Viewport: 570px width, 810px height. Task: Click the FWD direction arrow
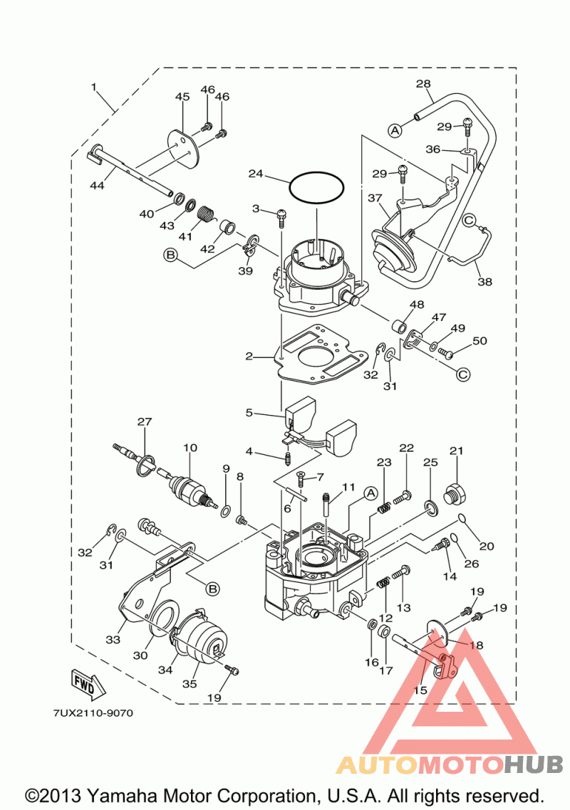pyautogui.click(x=88, y=681)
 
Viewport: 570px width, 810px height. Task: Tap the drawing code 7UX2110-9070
pyautogui.click(x=93, y=712)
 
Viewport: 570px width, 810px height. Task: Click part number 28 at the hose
pyautogui.click(x=423, y=84)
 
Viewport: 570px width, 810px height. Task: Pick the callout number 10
pyautogui.click(x=190, y=448)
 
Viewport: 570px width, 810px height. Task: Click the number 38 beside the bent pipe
pyautogui.click(x=484, y=282)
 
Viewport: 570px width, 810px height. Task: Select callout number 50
pyautogui.click(x=480, y=341)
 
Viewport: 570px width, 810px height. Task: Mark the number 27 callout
pyautogui.click(x=145, y=422)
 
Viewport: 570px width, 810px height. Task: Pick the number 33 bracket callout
pyautogui.click(x=113, y=640)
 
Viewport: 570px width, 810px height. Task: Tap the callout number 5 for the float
pyautogui.click(x=249, y=412)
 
